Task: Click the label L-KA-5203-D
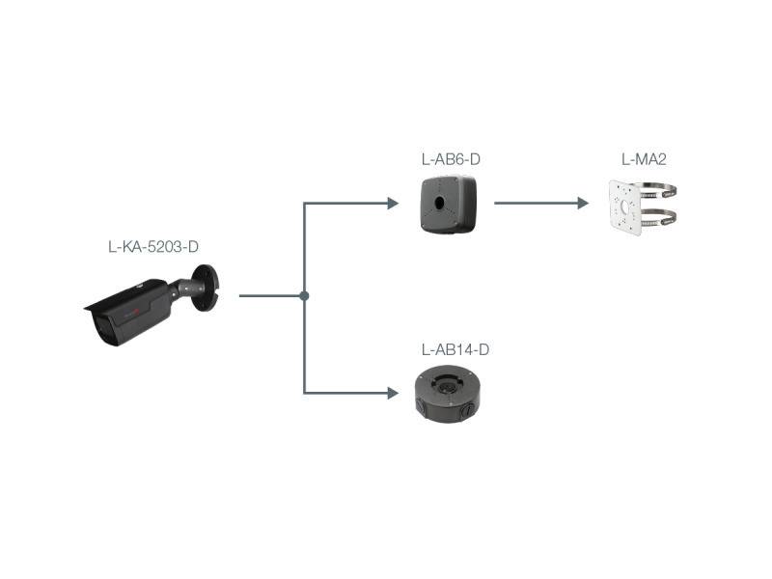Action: pos(153,247)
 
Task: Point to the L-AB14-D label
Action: pos(455,349)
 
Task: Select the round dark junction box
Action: pos(454,394)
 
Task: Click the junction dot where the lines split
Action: pos(304,295)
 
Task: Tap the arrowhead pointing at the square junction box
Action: pos(392,203)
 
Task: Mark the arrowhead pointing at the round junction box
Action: pos(392,393)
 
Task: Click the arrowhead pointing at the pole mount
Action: pos(582,203)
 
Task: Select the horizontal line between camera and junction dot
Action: pos(270,295)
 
